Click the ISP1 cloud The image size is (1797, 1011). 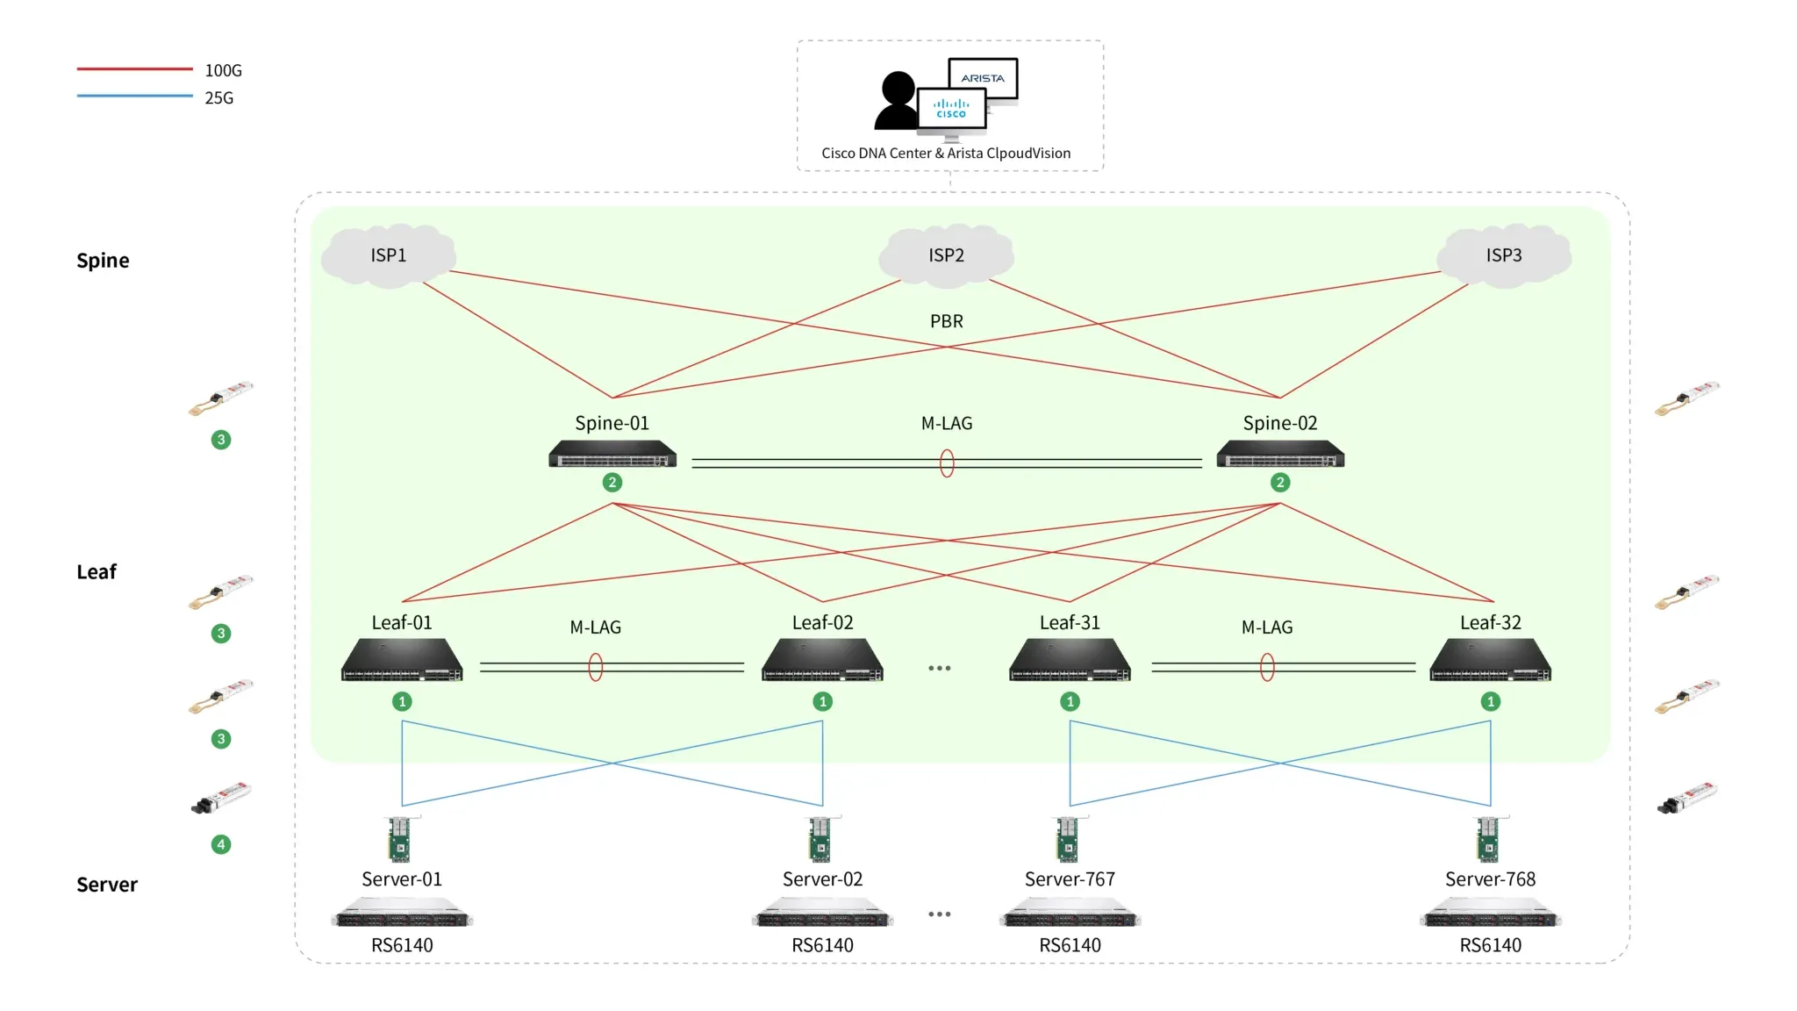(x=388, y=255)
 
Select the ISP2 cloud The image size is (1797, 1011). (x=946, y=255)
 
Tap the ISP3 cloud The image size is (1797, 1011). (x=1504, y=255)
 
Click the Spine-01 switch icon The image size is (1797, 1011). (x=612, y=455)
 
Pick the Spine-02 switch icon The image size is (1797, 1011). (x=1280, y=455)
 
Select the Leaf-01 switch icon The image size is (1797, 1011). (x=402, y=660)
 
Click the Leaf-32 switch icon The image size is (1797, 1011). (x=1491, y=660)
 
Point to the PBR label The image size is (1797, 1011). (x=947, y=321)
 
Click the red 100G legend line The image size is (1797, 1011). (x=134, y=68)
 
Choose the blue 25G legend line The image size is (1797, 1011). (x=134, y=96)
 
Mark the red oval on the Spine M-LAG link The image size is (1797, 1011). (x=947, y=462)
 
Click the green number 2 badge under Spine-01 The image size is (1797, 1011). (x=612, y=483)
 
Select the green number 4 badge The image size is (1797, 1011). (x=221, y=844)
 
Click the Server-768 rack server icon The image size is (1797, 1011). (x=1491, y=913)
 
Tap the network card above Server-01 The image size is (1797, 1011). (x=399, y=839)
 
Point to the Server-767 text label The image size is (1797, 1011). (x=1070, y=879)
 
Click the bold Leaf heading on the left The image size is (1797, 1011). (x=97, y=572)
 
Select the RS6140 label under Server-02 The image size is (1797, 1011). (x=823, y=945)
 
